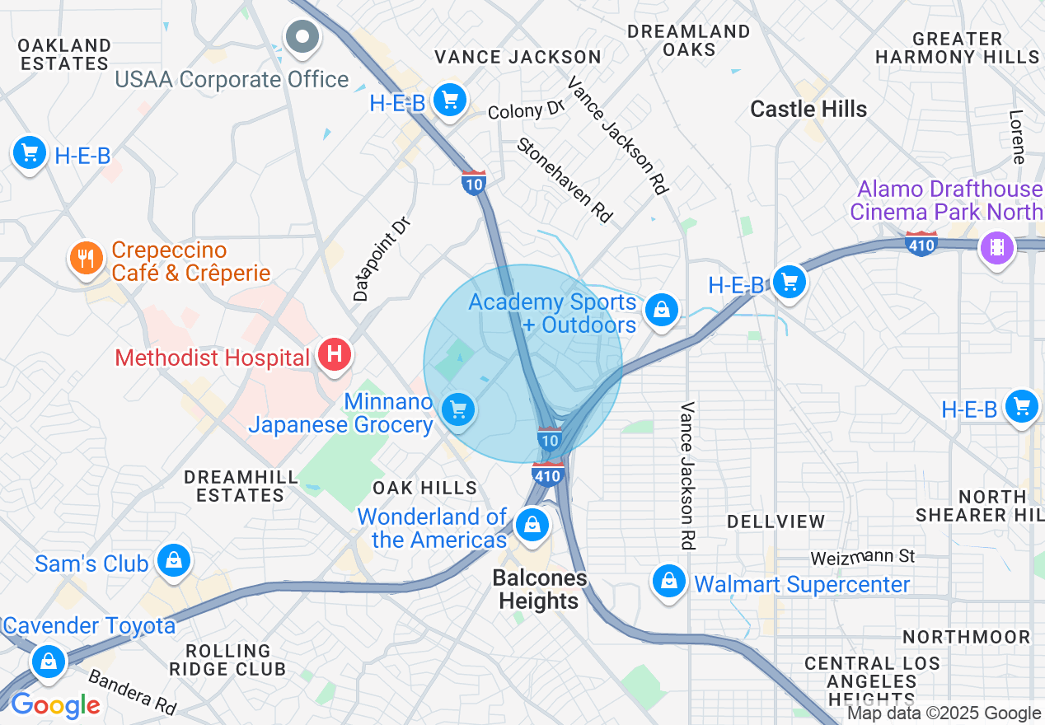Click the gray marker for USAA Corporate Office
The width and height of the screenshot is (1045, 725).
(302, 37)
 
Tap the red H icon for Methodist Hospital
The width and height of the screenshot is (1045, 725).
(335, 355)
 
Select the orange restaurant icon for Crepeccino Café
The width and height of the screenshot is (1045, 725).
(86, 259)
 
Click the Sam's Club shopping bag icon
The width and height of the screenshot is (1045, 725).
(174, 561)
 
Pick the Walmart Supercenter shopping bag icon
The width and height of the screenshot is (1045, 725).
(669, 582)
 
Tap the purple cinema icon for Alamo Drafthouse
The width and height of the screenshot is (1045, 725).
(997, 247)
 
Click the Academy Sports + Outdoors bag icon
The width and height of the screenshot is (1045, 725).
(661, 311)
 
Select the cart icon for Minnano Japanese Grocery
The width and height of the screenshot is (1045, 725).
(458, 409)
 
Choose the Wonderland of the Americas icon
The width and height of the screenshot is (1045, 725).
(532, 524)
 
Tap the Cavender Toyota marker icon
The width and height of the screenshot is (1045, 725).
(49, 661)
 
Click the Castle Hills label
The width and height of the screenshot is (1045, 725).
(808, 110)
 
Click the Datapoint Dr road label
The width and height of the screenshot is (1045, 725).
(381, 259)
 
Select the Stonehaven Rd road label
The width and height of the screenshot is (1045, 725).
(565, 180)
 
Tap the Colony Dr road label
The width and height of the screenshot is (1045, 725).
(526, 110)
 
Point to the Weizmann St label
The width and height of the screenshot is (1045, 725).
(863, 558)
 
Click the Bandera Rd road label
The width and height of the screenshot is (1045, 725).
(132, 692)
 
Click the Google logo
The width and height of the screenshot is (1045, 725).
(54, 705)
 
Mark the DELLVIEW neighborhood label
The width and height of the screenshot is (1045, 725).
(775, 522)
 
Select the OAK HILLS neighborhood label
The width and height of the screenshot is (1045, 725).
(424, 488)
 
